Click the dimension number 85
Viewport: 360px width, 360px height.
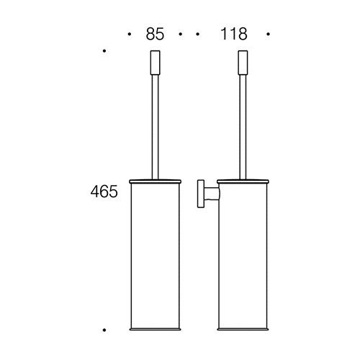tap(155, 34)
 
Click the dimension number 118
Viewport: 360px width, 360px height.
tap(234, 34)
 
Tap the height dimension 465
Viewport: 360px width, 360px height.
tap(104, 192)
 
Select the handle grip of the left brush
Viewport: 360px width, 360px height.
tap(155, 63)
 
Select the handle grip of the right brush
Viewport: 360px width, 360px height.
tap(243, 63)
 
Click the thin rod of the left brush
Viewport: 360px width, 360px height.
tap(155, 127)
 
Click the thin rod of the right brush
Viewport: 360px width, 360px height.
tap(243, 127)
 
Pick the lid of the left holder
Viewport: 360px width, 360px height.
tap(155, 181)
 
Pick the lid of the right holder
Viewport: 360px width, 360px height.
tap(243, 181)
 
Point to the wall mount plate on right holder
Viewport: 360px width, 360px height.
tap(201, 194)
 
